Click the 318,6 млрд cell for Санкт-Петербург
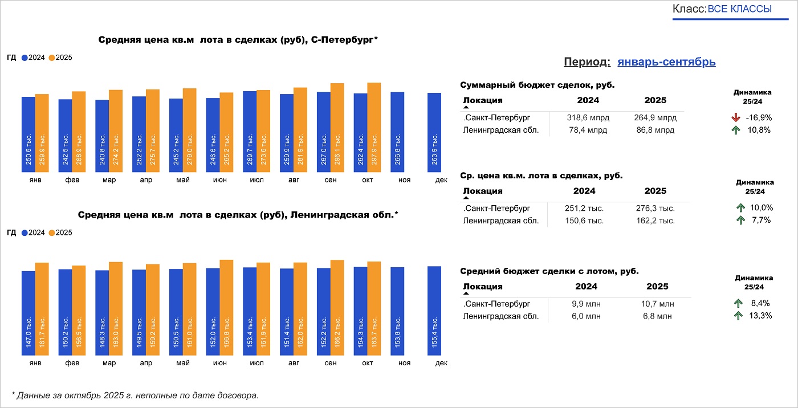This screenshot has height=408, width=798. pyautogui.click(x=588, y=118)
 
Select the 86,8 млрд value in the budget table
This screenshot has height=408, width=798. pyautogui.click(x=655, y=130)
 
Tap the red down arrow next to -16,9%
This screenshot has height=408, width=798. pyautogui.click(x=736, y=118)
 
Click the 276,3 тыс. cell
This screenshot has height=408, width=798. pyautogui.click(x=655, y=209)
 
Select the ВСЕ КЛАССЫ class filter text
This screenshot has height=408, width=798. pyautogui.click(x=740, y=9)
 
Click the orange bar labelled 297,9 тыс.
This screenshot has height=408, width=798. pyautogui.click(x=374, y=127)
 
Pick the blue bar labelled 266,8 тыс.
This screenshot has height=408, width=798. pyautogui.click(x=397, y=132)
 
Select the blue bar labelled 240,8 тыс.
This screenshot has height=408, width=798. pyautogui.click(x=102, y=136)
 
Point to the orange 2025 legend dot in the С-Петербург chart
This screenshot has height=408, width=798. pyautogui.click(x=51, y=58)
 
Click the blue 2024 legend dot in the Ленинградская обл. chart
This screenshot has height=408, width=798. pyautogui.click(x=25, y=232)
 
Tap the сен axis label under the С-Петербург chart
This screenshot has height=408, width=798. pyautogui.click(x=330, y=181)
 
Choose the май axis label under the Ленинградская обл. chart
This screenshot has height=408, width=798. pyautogui.click(x=183, y=363)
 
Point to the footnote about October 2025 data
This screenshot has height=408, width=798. pyautogui.click(x=135, y=395)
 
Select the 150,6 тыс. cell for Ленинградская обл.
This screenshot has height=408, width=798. pyautogui.click(x=588, y=221)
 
